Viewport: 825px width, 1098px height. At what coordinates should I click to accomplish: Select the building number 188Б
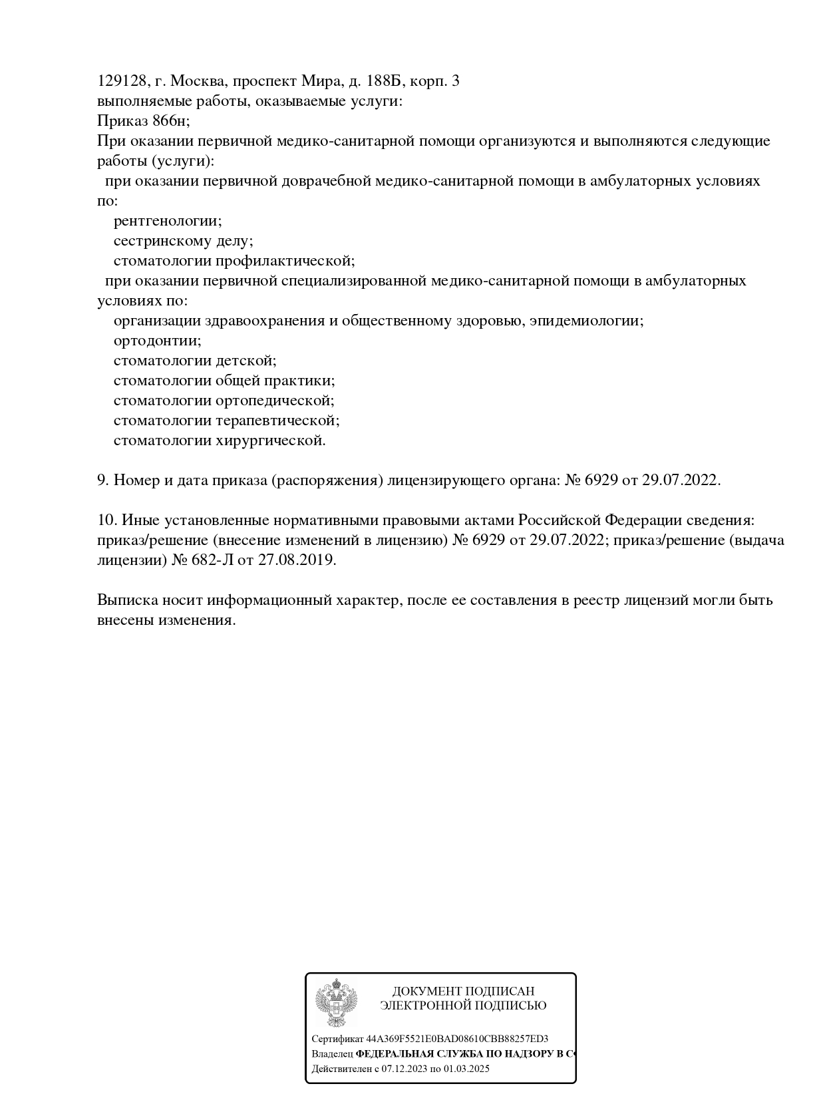384,81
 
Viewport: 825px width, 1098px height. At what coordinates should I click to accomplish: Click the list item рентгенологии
168,221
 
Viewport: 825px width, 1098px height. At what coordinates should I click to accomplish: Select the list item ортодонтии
157,341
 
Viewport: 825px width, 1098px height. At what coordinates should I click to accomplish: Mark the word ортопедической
275,401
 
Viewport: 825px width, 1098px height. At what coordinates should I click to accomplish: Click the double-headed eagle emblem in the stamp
336,1002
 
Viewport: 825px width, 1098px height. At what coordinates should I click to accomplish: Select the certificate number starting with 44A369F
457,1039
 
